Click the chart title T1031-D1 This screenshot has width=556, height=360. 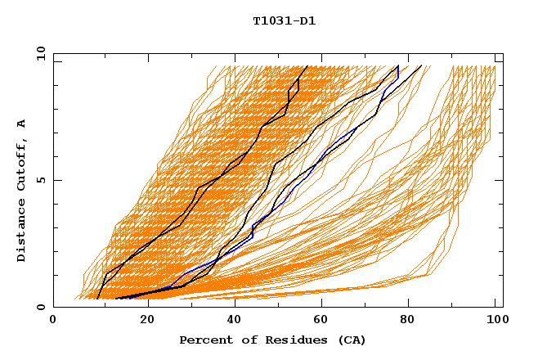pos(284,20)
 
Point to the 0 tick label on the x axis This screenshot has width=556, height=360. pos(53,322)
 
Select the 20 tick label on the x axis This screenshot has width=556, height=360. pos(141,322)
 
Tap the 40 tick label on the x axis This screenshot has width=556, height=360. pos(230,322)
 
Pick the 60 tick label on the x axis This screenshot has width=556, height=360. pos(318,322)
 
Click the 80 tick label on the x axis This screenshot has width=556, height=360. pos(406,322)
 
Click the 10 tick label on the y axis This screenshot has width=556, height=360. pos(40,53)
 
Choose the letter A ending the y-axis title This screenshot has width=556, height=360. pos(21,124)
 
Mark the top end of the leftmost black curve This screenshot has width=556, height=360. pos(307,66)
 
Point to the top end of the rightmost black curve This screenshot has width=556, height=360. pos(421,66)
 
